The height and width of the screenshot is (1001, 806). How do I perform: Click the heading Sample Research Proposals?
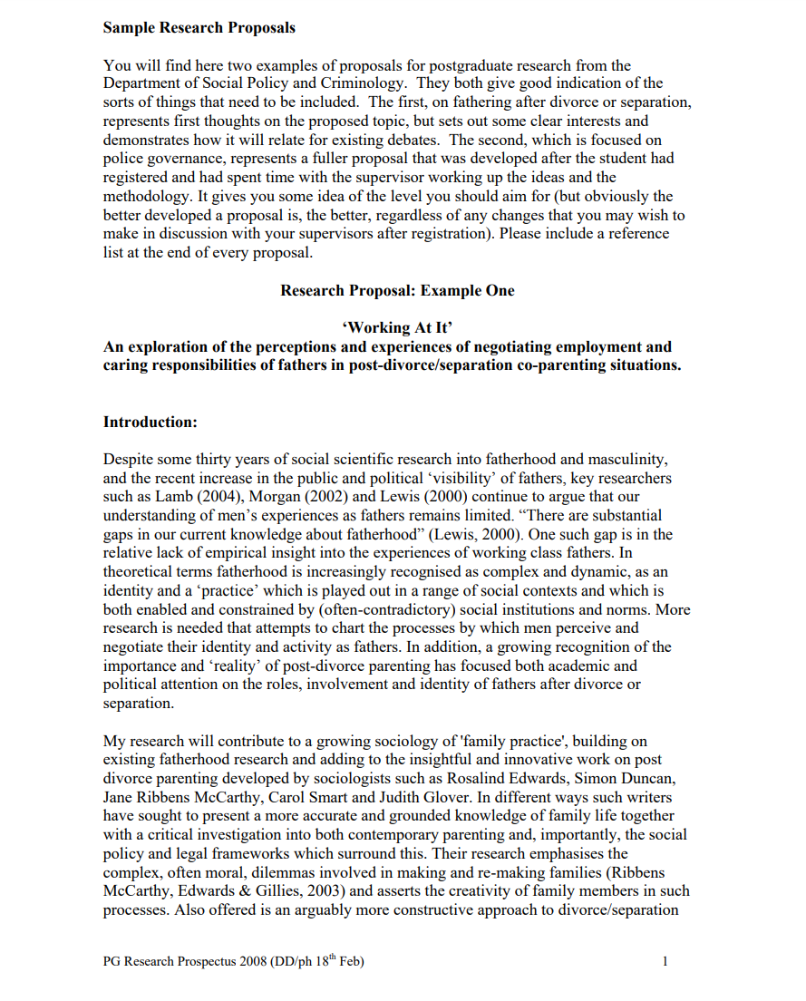coord(199,28)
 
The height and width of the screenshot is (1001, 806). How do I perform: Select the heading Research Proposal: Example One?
coord(397,290)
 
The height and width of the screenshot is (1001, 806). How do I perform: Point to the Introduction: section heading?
coord(150,422)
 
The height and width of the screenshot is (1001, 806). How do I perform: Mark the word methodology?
coord(150,196)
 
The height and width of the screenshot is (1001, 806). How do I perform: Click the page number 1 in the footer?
coord(665,961)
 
